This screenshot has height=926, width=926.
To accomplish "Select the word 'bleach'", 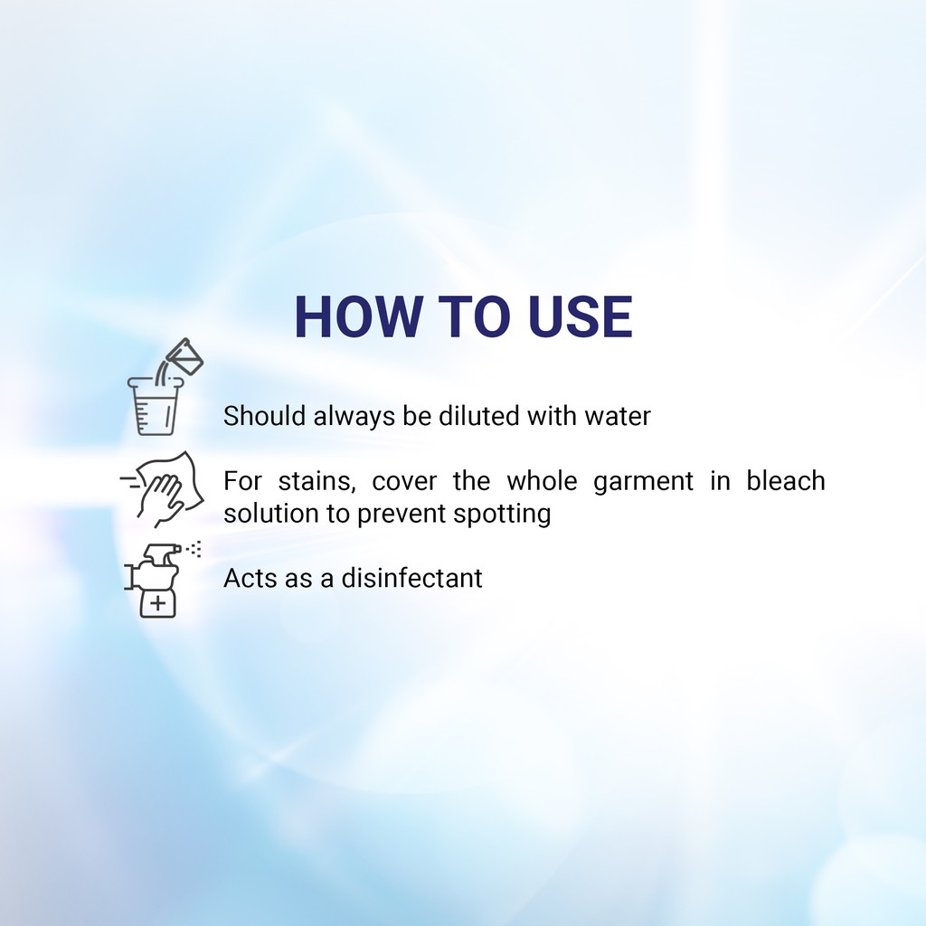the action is click(x=786, y=480).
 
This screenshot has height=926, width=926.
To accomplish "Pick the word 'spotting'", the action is click(x=502, y=514).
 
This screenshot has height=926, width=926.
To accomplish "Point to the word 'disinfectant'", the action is click(x=411, y=578).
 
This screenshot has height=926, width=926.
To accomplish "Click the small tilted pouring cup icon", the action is click(x=184, y=356).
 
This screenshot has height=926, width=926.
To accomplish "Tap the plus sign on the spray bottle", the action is click(x=157, y=603).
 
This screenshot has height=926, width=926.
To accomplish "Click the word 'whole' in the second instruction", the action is click(x=542, y=480).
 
